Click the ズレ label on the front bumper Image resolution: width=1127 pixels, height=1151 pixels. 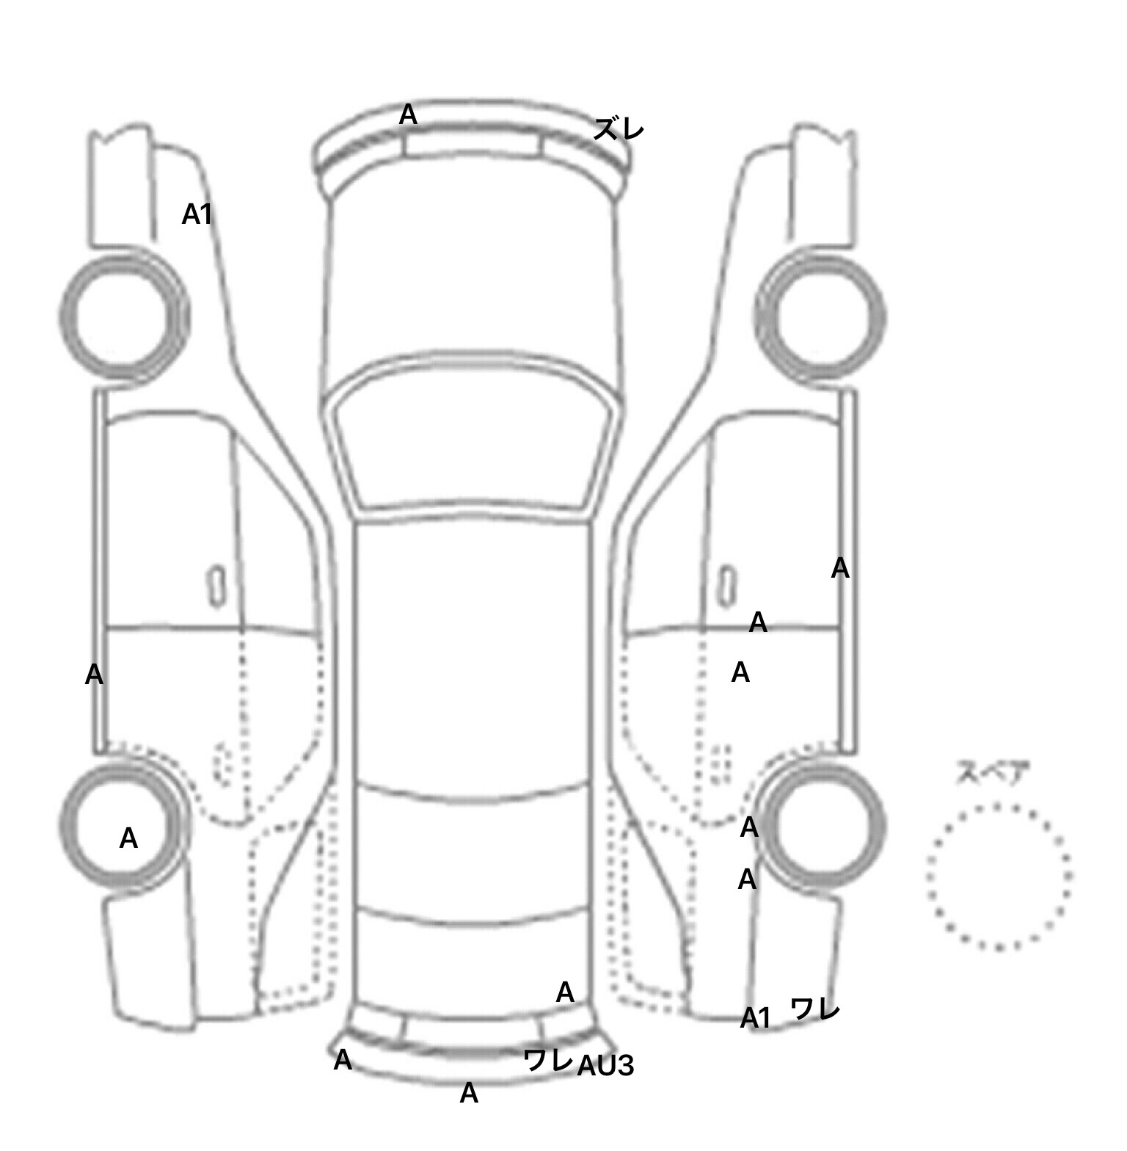click(619, 130)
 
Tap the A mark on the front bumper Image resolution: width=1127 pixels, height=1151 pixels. click(408, 115)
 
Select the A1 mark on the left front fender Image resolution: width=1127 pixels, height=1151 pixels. click(197, 214)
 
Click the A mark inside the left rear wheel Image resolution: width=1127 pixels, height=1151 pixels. click(128, 838)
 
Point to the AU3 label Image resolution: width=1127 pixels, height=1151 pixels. click(605, 1066)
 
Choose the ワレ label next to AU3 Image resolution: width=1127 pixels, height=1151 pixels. click(548, 1059)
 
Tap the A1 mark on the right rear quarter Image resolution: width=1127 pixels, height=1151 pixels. click(756, 1018)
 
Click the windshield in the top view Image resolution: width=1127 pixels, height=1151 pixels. click(474, 432)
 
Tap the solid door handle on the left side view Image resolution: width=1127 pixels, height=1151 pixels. click(216, 586)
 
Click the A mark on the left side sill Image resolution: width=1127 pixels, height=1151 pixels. click(94, 675)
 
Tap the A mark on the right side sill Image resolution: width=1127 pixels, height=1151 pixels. click(840, 568)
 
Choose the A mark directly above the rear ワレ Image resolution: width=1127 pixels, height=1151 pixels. click(565, 992)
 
